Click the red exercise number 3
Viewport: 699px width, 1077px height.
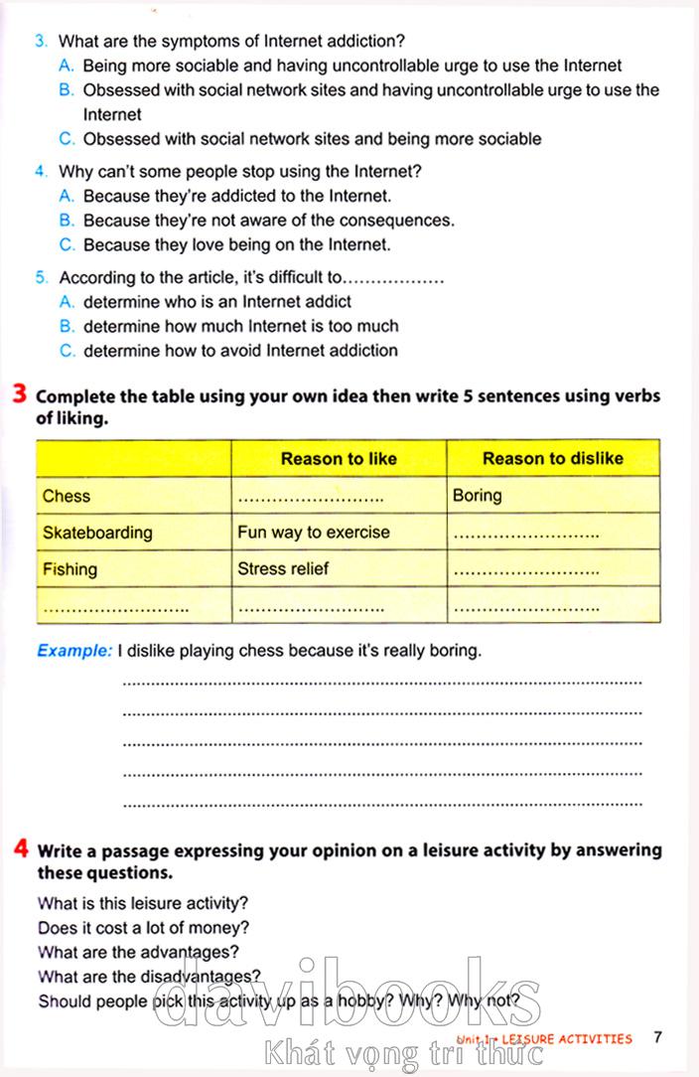point(20,394)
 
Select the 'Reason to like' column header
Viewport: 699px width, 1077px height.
point(339,458)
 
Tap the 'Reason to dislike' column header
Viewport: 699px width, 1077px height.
point(553,458)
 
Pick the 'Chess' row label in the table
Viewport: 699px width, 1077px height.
point(67,496)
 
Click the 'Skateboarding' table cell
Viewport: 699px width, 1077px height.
point(97,533)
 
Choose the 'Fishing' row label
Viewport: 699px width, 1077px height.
point(70,569)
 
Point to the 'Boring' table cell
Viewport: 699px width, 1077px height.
point(478,496)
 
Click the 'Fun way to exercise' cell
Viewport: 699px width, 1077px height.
point(314,533)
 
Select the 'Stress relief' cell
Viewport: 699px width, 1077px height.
point(283,569)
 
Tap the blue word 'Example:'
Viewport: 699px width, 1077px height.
point(74,652)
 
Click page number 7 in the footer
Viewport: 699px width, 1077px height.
point(658,1038)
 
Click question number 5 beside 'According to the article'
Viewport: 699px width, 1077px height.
point(40,278)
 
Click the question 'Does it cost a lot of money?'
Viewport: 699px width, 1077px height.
point(143,928)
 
